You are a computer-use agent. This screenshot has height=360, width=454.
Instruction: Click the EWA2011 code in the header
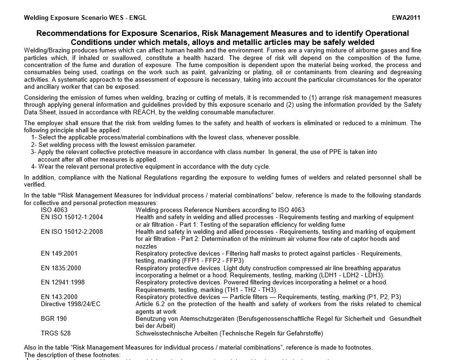(406, 18)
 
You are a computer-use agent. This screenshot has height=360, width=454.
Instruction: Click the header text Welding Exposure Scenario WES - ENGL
(85, 18)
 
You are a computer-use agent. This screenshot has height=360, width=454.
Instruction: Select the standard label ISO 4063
(54, 210)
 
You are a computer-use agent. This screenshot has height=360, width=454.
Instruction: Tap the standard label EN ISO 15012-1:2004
(72, 217)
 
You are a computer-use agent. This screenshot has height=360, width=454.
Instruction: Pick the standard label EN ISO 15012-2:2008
(72, 232)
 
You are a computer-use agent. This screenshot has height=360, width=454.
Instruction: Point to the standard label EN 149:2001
(59, 254)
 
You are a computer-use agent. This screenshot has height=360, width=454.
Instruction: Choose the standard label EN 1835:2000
(61, 268)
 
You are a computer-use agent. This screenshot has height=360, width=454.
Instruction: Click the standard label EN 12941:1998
(63, 283)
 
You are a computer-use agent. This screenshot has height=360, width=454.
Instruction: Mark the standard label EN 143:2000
(59, 297)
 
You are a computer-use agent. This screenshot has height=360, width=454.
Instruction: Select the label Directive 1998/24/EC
(71, 304)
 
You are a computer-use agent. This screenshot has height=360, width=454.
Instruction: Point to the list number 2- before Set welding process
(34, 145)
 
